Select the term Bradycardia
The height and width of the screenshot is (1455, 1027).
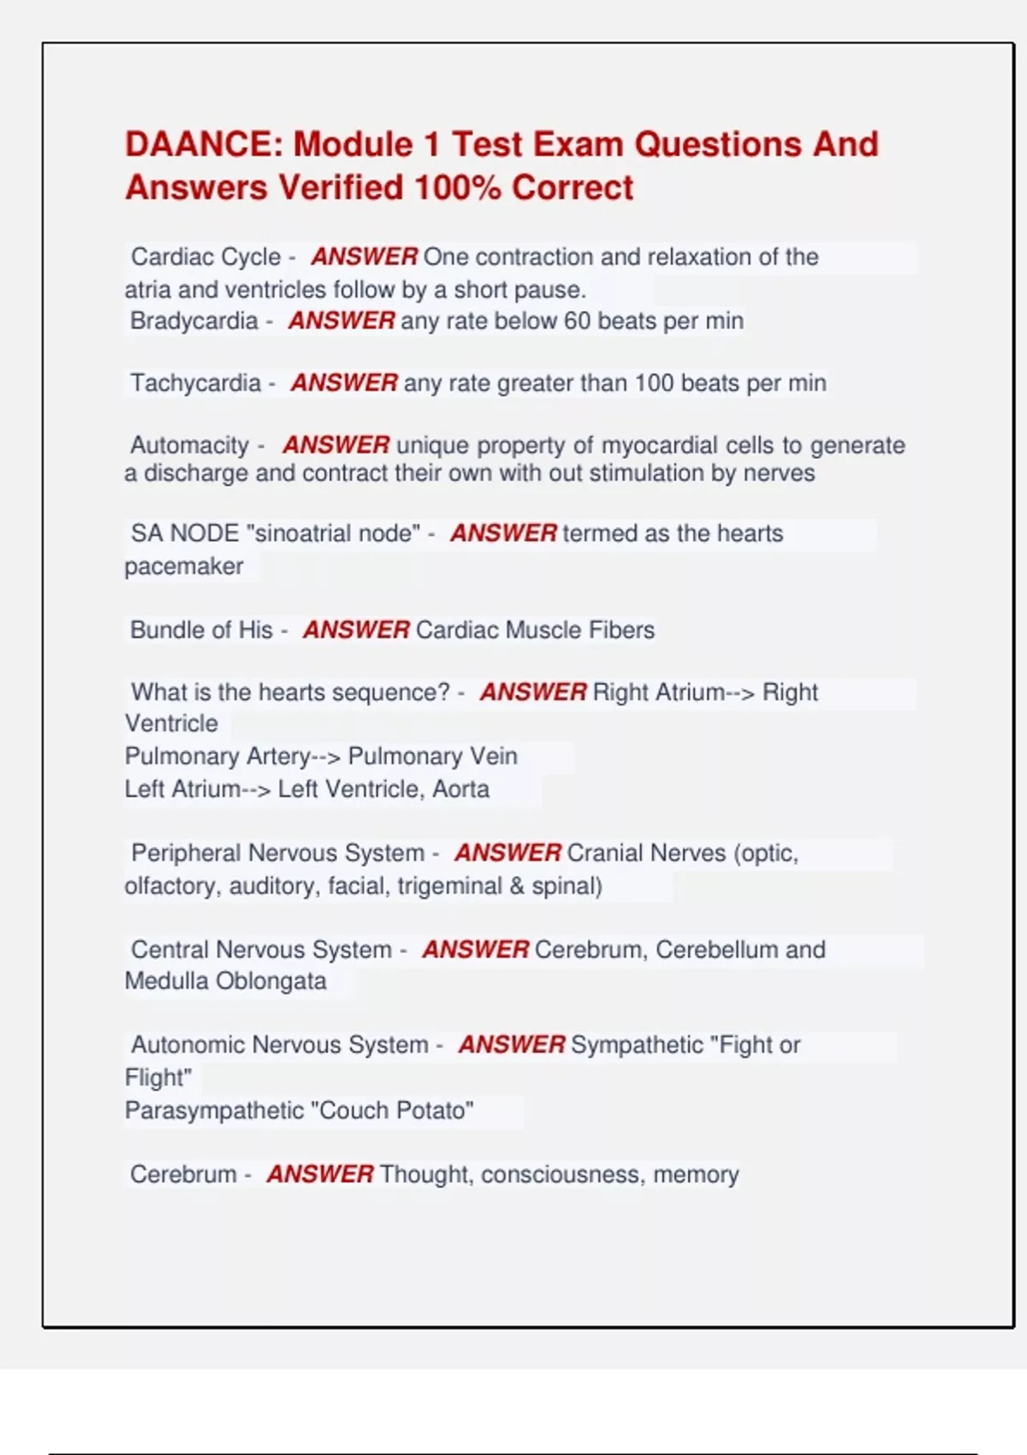(193, 321)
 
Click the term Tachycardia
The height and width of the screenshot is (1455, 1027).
(195, 383)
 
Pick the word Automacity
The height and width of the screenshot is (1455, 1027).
(189, 445)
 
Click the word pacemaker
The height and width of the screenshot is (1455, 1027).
(184, 567)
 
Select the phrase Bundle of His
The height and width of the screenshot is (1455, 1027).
(201, 630)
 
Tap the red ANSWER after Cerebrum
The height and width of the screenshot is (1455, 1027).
(320, 1174)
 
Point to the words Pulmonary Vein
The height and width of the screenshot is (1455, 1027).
(432, 757)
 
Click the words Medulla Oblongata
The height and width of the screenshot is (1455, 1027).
(226, 981)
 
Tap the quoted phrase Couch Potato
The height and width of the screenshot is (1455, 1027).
(392, 1111)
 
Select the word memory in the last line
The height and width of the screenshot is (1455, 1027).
(696, 1174)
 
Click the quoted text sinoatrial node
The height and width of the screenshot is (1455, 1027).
(333, 533)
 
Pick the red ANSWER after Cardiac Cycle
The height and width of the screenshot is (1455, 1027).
(364, 257)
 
